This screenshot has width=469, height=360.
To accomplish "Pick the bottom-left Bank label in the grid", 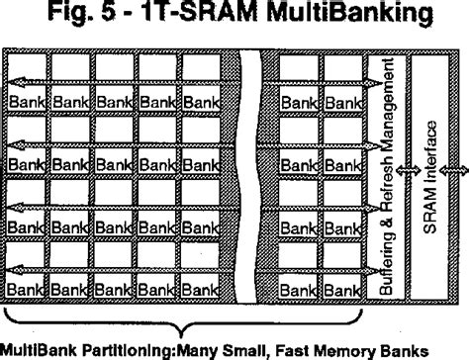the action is (26, 289).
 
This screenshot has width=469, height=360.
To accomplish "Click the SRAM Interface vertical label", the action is (427, 178).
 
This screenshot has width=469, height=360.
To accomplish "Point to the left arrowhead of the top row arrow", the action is (10, 82).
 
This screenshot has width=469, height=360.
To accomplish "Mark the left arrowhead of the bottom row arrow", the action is (10, 268).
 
